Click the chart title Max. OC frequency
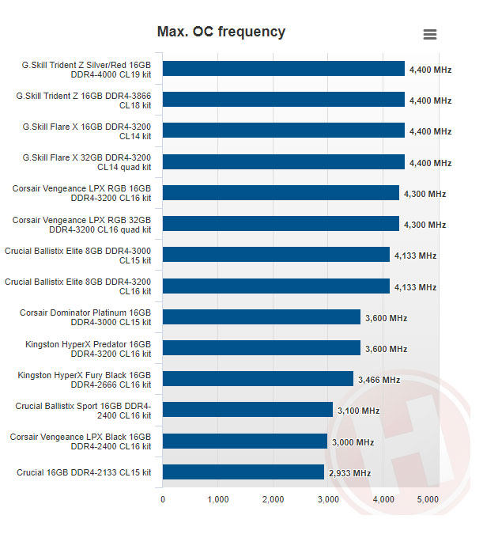click(221, 32)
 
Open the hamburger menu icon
click(430, 34)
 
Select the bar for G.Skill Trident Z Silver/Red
click(283, 69)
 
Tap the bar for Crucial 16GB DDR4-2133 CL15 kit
click(243, 472)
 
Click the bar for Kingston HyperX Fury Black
click(258, 379)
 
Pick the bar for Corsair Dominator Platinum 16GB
click(261, 317)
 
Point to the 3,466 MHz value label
click(379, 380)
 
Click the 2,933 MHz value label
click(350, 473)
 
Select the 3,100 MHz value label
click(359, 411)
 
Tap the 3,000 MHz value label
click(353, 442)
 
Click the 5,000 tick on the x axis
click(428, 499)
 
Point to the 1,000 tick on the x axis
click(217, 499)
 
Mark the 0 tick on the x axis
click(163, 499)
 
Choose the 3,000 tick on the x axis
click(327, 499)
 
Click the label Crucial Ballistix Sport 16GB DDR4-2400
click(83, 410)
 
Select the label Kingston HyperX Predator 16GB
click(89, 348)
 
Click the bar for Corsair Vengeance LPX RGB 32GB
click(281, 224)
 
